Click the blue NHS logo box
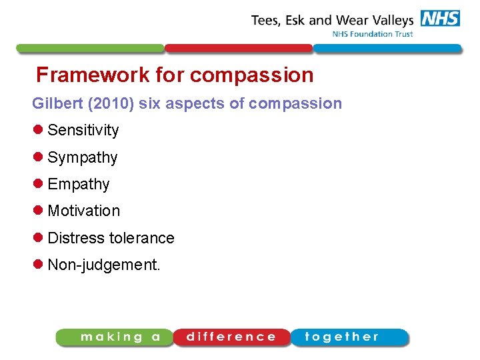(x=440, y=19)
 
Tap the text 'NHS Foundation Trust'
(x=373, y=34)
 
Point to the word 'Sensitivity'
(x=83, y=130)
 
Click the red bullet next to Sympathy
(x=37, y=157)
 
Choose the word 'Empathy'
(x=79, y=184)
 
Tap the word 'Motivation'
(x=84, y=211)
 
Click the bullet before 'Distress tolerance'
(x=37, y=238)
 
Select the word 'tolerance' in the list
(x=142, y=238)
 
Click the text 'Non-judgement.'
(x=104, y=265)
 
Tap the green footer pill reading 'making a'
(x=115, y=337)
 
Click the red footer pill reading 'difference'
(x=231, y=337)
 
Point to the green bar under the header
(x=90, y=49)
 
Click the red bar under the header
(x=239, y=49)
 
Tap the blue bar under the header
(x=387, y=49)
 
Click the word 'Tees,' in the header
(x=267, y=20)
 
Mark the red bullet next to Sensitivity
(x=37, y=130)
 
